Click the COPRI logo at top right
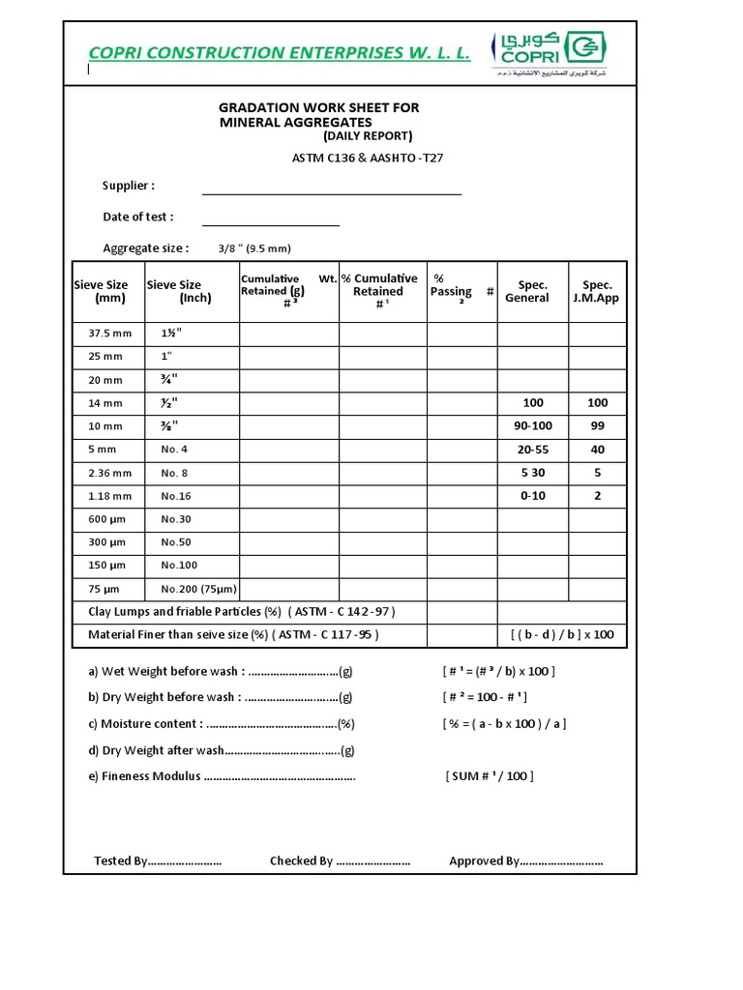(x=552, y=52)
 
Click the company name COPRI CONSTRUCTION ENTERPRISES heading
(x=279, y=53)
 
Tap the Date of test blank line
(x=271, y=218)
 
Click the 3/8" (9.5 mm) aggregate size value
(x=254, y=248)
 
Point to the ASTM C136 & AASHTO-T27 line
(x=368, y=158)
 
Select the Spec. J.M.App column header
(x=597, y=291)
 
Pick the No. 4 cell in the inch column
(x=175, y=450)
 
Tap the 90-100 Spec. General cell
(x=532, y=426)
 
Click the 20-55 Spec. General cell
(x=532, y=450)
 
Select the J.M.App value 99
(x=597, y=426)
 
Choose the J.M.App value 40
(x=597, y=450)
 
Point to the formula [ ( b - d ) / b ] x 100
(x=562, y=635)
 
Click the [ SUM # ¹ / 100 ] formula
(x=490, y=776)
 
